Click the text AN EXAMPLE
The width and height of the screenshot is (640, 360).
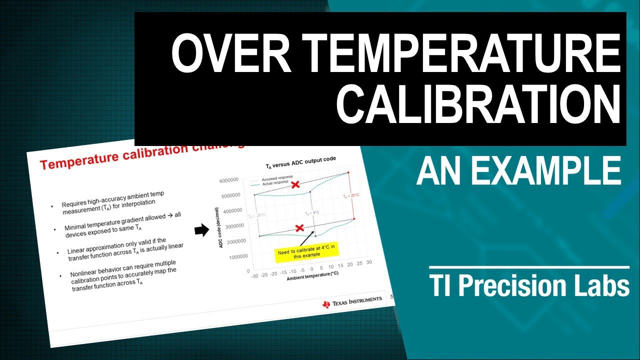[518, 171]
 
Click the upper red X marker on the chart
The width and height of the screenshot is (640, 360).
[295, 184]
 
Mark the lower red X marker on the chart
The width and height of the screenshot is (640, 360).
[299, 228]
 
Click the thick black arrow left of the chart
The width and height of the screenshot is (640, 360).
[201, 229]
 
